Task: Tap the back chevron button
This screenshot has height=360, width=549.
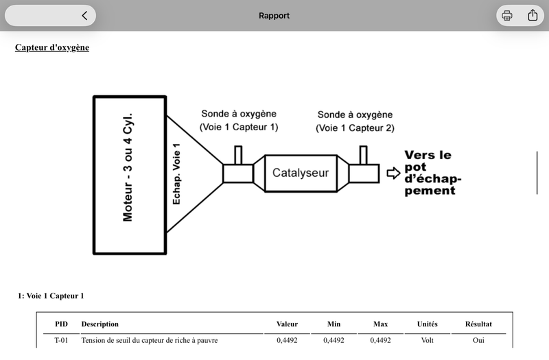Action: click(x=84, y=15)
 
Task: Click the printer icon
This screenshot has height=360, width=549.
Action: click(x=506, y=15)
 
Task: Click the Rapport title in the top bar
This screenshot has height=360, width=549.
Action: click(x=274, y=16)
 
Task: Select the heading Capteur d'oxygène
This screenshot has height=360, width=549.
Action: click(x=52, y=47)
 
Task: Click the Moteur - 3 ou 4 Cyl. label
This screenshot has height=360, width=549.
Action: click(x=128, y=167)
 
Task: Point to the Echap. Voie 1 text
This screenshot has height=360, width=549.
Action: click(x=176, y=174)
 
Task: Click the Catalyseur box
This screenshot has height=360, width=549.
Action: click(x=301, y=173)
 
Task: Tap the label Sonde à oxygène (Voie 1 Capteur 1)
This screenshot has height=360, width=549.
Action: click(x=239, y=121)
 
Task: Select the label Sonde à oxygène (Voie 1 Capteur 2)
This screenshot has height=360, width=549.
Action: click(x=355, y=121)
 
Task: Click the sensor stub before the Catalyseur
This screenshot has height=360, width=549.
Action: click(x=238, y=155)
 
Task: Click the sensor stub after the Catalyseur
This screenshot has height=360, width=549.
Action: click(x=364, y=155)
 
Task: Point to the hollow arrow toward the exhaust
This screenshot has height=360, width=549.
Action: click(x=393, y=173)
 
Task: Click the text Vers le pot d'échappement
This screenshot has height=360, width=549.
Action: click(x=433, y=173)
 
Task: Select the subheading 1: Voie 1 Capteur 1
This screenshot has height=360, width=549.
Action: click(x=51, y=296)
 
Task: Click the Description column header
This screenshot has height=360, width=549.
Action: click(x=100, y=324)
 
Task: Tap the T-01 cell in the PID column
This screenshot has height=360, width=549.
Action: click(x=61, y=340)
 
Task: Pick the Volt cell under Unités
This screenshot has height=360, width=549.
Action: click(x=427, y=340)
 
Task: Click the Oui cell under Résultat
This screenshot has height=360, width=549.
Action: click(x=478, y=340)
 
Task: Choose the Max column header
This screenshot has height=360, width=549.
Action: click(x=380, y=324)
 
